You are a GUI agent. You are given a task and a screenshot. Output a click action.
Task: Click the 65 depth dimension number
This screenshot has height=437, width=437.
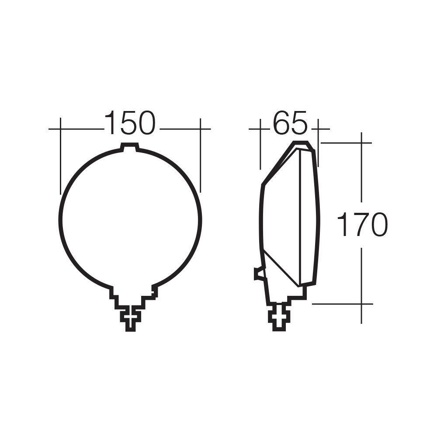coord(290,123)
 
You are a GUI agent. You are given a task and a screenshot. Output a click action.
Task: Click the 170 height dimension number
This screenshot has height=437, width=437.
coord(362,225)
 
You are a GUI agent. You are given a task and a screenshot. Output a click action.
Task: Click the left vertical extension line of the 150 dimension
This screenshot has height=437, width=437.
coord(60,156)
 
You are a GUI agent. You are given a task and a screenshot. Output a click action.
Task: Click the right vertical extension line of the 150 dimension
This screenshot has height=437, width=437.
coord(200,155)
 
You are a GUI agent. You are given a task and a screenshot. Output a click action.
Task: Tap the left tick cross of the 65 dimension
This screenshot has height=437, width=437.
coord(260,129)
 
